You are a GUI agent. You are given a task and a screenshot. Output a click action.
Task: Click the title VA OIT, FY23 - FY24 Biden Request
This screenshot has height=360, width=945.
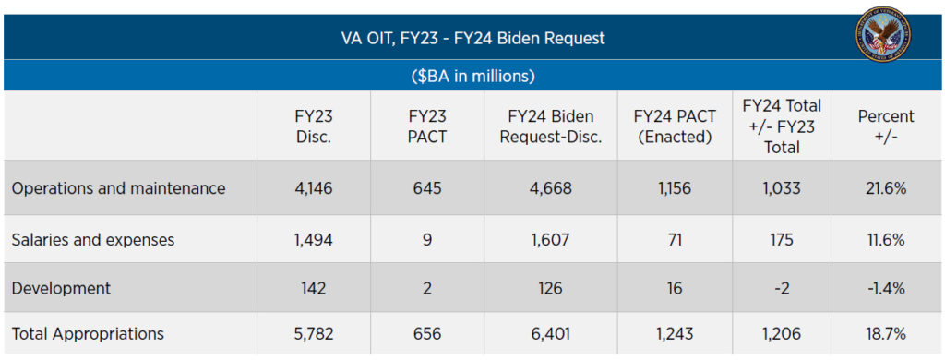pyautogui.click(x=472, y=39)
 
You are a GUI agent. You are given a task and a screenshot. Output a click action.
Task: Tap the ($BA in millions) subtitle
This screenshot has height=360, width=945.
pyautogui.click(x=472, y=76)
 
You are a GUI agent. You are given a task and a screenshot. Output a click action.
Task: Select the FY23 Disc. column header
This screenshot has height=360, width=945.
pyautogui.click(x=314, y=126)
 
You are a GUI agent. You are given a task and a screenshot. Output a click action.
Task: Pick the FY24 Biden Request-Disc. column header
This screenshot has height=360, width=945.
pyautogui.click(x=550, y=126)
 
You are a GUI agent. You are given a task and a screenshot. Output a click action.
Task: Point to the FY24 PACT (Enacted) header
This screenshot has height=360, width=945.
pyautogui.click(x=674, y=126)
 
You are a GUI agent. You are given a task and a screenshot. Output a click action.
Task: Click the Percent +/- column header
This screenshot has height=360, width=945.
pyautogui.click(x=886, y=126)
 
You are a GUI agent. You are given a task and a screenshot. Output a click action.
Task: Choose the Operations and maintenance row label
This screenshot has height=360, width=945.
pyautogui.click(x=118, y=188)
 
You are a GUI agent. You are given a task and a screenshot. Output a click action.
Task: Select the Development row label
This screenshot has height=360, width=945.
pyautogui.click(x=61, y=288)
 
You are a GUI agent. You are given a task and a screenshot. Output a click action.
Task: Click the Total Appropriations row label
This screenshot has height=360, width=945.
pyautogui.click(x=88, y=334)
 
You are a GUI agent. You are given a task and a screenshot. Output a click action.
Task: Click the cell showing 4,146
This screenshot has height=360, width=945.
pyautogui.click(x=314, y=188)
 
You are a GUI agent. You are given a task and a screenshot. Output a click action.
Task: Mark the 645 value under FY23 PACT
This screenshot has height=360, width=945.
pyautogui.click(x=427, y=188)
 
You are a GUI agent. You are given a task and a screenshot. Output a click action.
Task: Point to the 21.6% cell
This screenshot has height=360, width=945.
pyautogui.click(x=886, y=188)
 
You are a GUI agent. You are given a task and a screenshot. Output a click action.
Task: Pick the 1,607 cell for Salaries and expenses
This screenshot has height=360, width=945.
pyautogui.click(x=550, y=240)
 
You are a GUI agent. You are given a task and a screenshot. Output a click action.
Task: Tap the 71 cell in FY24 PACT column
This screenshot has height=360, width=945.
pyautogui.click(x=674, y=240)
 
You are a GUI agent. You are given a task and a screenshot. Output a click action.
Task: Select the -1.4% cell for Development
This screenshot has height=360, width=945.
pyautogui.click(x=886, y=288)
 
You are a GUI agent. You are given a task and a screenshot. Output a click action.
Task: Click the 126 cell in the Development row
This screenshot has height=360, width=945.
pyautogui.click(x=550, y=288)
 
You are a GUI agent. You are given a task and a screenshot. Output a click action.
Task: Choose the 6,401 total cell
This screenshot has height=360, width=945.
pyautogui.click(x=550, y=334)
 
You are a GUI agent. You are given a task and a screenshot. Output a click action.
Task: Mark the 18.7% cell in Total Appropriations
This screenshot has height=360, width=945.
pyautogui.click(x=886, y=334)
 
